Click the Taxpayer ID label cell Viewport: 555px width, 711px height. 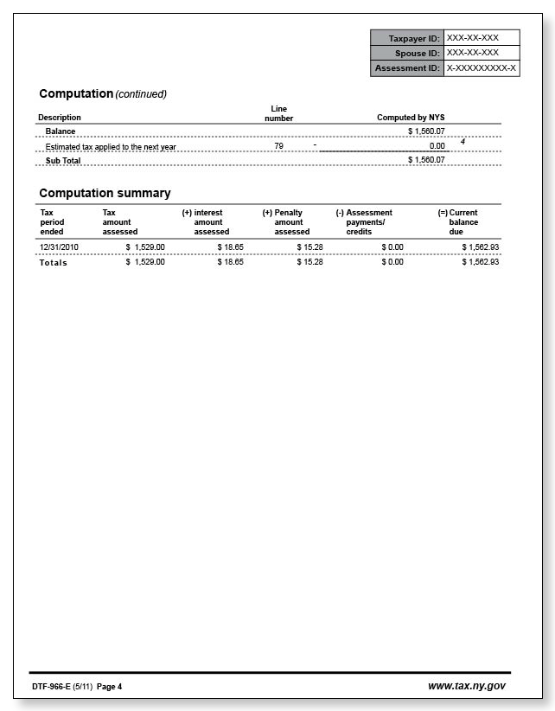pos(407,38)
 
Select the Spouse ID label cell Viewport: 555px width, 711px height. pos(407,53)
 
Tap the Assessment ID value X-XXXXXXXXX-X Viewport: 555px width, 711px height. pos(482,67)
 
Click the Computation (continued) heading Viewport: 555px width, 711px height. pos(103,93)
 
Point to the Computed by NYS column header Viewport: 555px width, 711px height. pos(411,118)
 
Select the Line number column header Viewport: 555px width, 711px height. pos(278,113)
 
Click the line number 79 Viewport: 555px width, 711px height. pos(278,146)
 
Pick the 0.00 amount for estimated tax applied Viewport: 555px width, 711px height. pos(437,146)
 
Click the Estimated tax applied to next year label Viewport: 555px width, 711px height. pos(111,146)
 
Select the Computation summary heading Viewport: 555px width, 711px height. pos(105,193)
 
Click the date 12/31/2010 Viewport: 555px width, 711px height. pos(60,247)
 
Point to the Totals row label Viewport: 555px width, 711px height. pos(54,262)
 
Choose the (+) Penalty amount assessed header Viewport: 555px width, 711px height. pos(286,222)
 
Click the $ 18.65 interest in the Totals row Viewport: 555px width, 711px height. pos(230,262)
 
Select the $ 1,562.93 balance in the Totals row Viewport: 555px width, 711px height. pos(480,262)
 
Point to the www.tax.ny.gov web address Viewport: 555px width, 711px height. pos(466,686)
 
